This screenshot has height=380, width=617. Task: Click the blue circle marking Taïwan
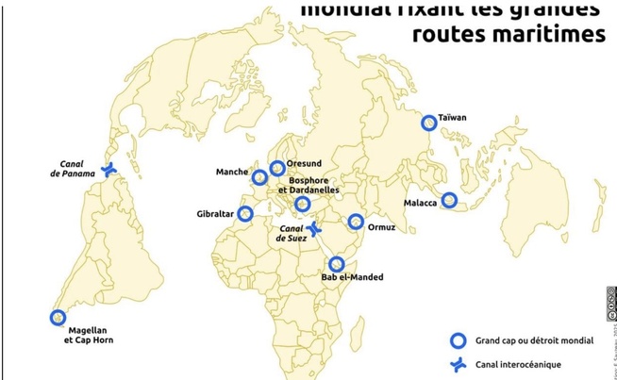point(429,122)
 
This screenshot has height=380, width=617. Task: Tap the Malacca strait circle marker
point(450,200)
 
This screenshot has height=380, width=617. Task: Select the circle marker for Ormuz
point(356,222)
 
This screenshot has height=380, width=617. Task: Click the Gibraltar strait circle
point(245,213)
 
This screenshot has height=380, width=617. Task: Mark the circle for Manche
point(259,176)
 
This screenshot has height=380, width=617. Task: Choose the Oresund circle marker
point(276,168)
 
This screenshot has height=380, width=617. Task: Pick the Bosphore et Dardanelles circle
point(302,204)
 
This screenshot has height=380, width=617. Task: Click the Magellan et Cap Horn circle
point(58,318)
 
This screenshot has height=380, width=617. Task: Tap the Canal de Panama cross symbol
point(109,170)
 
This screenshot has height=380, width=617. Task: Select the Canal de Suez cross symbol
point(314,229)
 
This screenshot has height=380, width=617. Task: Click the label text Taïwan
point(453,118)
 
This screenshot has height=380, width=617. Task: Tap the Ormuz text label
point(382,227)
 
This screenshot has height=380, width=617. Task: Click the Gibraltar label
point(215,214)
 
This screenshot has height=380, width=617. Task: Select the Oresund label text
point(304,162)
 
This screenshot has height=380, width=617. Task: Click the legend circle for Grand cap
point(458,340)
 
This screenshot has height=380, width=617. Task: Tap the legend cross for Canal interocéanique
point(458,365)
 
